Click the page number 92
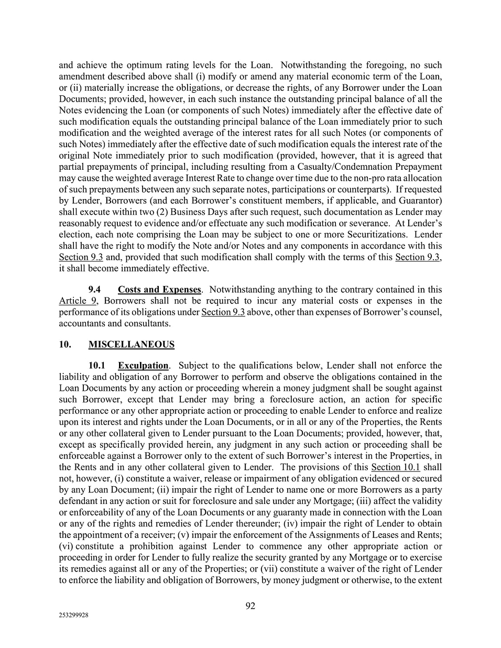(250, 606)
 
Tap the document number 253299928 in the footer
(73, 616)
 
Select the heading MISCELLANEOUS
(132, 344)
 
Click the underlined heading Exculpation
(143, 365)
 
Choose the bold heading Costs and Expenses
(159, 289)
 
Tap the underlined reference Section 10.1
(395, 467)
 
